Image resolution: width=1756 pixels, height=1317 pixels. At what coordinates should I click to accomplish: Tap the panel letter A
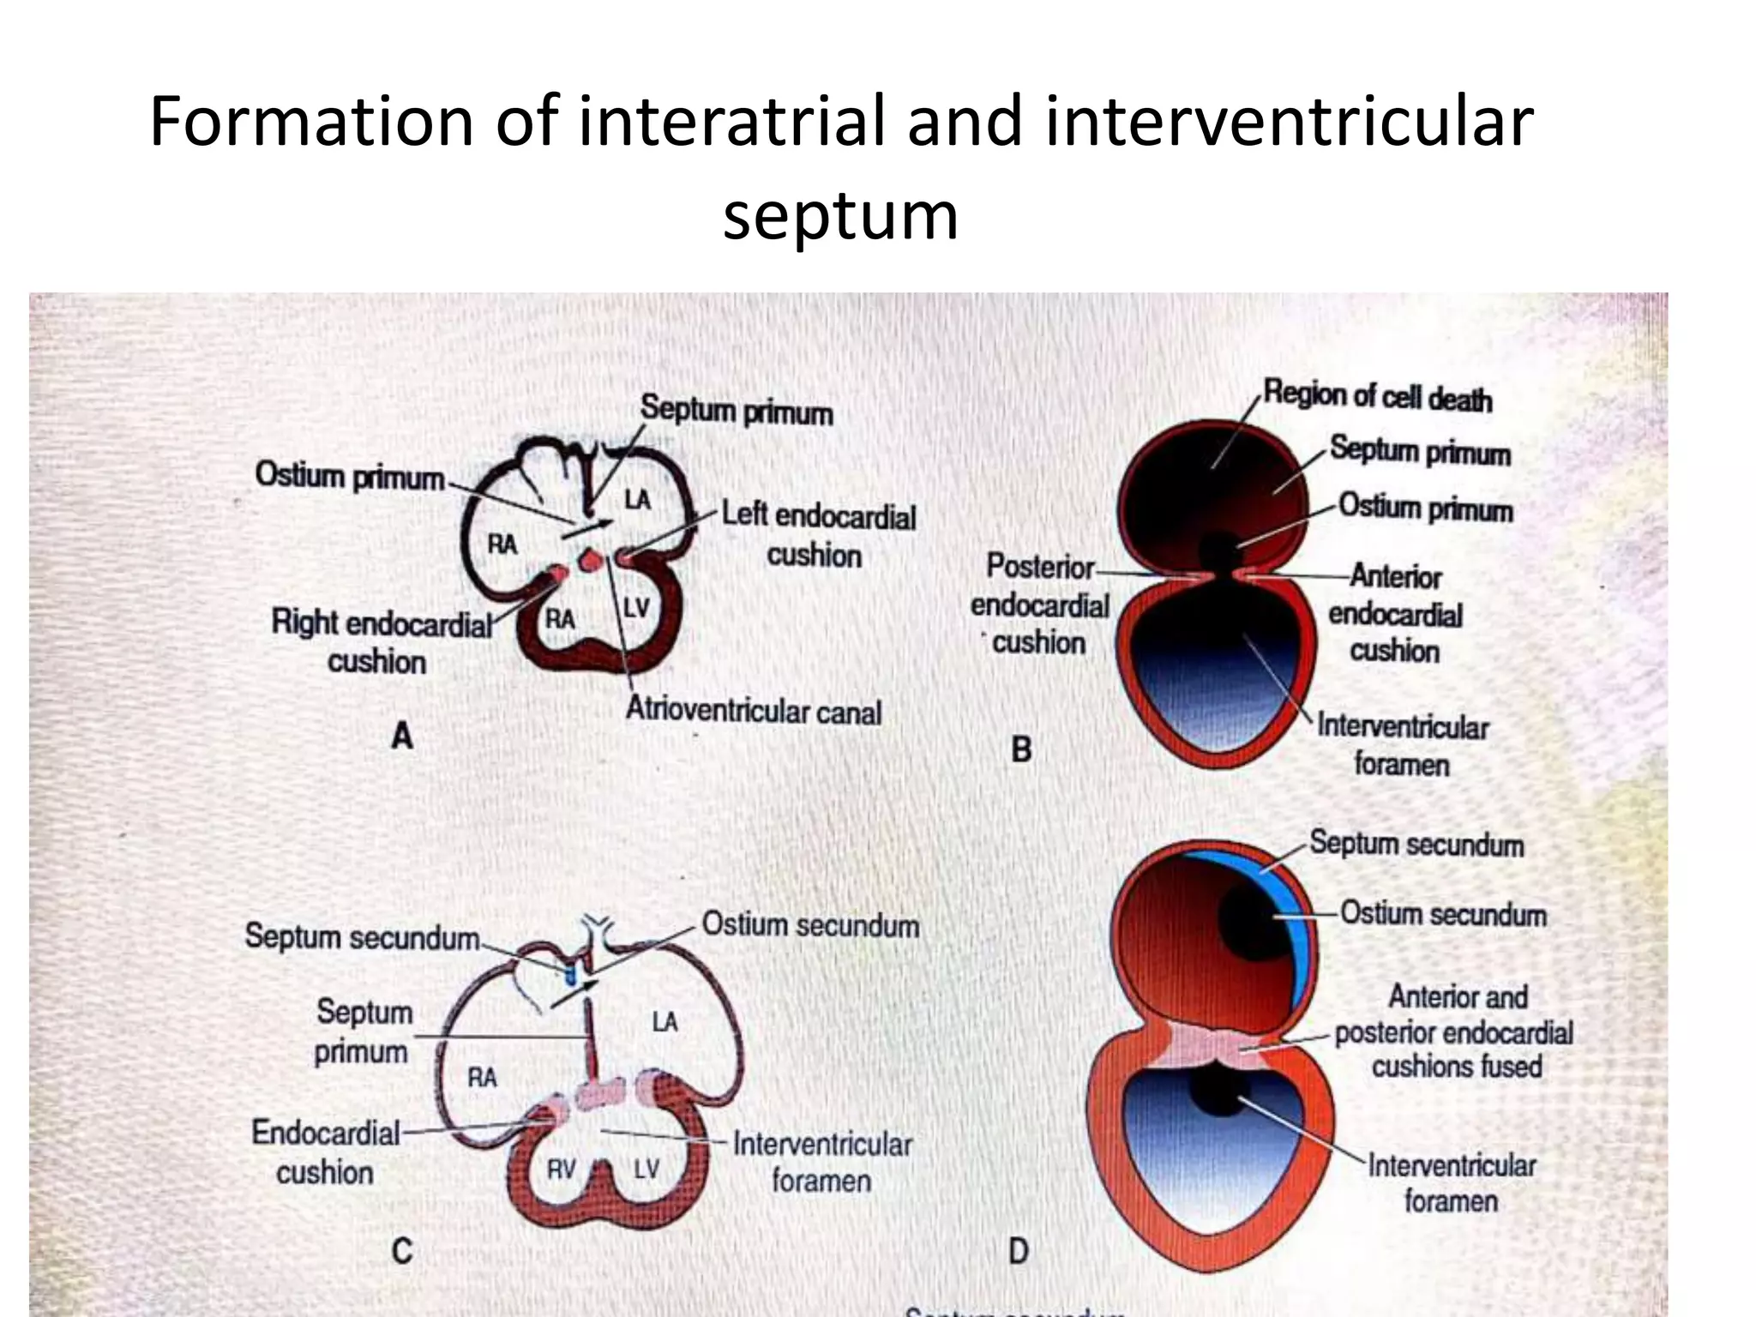click(402, 736)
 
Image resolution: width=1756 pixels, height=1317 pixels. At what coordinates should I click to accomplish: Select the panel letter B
click(1021, 750)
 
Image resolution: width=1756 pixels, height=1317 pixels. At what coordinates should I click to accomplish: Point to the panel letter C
click(402, 1251)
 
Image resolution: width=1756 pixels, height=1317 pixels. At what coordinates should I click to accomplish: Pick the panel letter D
click(1019, 1251)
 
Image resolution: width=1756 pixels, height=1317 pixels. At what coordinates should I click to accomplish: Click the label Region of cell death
click(1378, 397)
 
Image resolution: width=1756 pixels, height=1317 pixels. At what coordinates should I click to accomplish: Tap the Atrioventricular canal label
click(754, 711)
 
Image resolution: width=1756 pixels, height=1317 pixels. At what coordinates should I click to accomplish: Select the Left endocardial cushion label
click(818, 535)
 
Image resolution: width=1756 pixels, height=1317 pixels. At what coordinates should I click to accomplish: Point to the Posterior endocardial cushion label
click(1039, 604)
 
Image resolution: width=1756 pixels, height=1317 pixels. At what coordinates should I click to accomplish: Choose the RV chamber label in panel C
click(561, 1169)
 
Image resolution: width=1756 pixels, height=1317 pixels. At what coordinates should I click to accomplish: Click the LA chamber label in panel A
click(637, 499)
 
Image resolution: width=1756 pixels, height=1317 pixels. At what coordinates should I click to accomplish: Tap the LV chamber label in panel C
click(646, 1169)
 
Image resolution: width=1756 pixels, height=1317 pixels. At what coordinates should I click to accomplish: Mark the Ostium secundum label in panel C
click(810, 925)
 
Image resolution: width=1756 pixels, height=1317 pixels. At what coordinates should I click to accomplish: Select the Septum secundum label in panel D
click(1416, 845)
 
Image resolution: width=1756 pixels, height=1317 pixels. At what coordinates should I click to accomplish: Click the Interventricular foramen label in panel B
click(1403, 745)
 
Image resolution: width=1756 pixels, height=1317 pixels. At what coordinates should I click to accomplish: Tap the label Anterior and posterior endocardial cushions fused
click(1456, 1031)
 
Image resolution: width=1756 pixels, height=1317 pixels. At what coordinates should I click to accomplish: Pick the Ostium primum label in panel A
click(350, 476)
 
